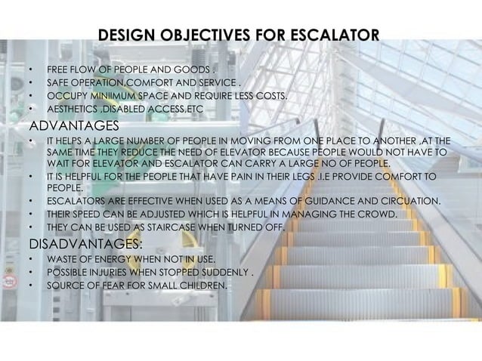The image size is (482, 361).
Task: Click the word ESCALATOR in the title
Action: coord(327,35)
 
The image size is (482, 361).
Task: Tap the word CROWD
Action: coord(378,215)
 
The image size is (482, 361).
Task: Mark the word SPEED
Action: coord(88,215)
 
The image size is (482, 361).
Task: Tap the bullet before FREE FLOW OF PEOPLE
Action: coord(31,69)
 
